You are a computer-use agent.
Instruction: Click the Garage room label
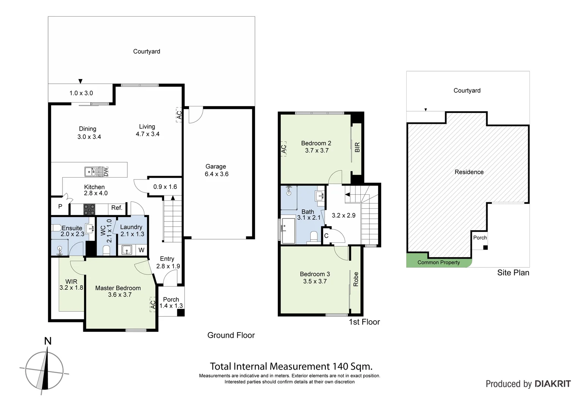pyautogui.click(x=216, y=167)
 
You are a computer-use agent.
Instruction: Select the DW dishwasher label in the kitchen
pyautogui.click(x=106, y=172)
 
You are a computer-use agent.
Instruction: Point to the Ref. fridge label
pyautogui.click(x=117, y=208)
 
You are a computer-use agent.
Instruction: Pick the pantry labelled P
pyautogui.click(x=60, y=207)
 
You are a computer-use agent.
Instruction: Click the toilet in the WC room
pyautogui.click(x=106, y=250)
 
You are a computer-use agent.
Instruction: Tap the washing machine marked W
pyautogui.click(x=141, y=250)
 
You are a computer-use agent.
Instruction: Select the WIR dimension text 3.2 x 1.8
pyautogui.click(x=71, y=288)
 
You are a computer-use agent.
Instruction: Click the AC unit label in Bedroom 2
pyautogui.click(x=284, y=149)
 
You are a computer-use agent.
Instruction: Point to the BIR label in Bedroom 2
pyautogui.click(x=357, y=147)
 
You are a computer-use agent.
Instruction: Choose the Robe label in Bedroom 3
pyautogui.click(x=356, y=279)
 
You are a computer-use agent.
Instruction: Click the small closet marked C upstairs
pyautogui.click(x=326, y=236)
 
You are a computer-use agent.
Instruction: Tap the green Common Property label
pyautogui.click(x=438, y=262)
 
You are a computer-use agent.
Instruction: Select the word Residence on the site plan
pyautogui.click(x=469, y=172)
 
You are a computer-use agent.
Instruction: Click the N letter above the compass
pyautogui.click(x=48, y=341)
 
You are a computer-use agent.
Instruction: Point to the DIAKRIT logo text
pyautogui.click(x=553, y=384)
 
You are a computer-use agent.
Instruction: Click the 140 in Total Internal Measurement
pyautogui.click(x=340, y=367)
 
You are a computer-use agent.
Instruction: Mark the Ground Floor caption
pyautogui.click(x=231, y=335)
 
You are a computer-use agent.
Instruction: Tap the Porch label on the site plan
pyautogui.click(x=480, y=238)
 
